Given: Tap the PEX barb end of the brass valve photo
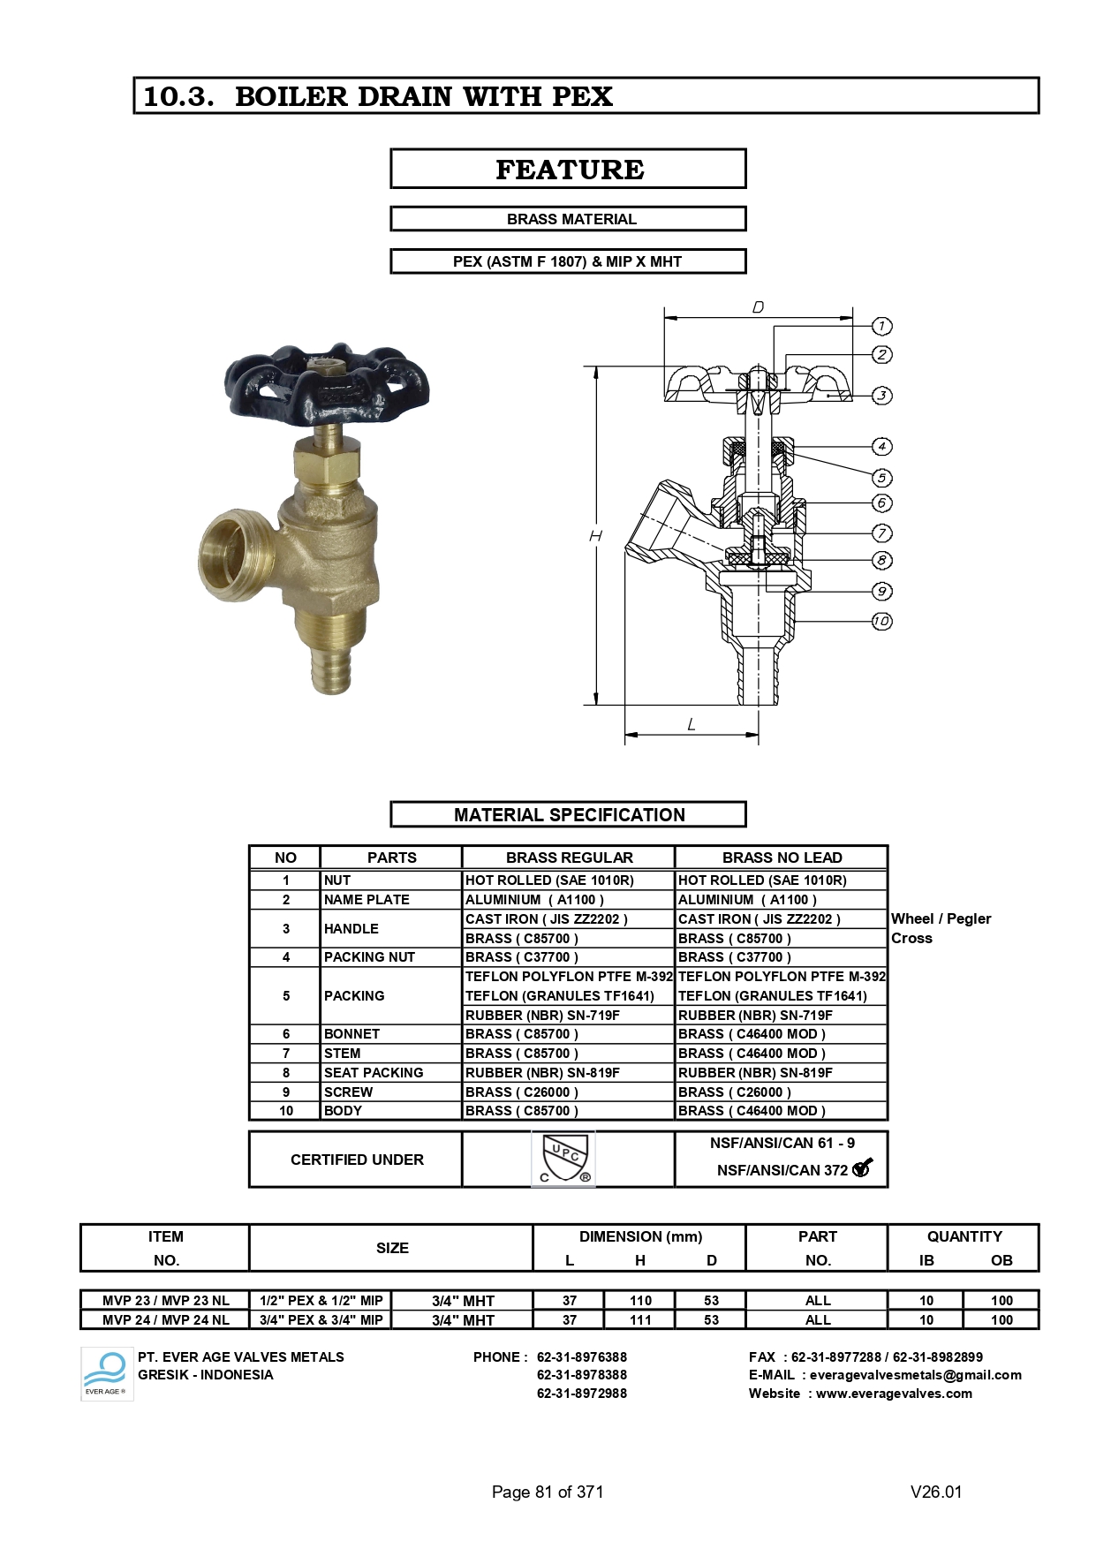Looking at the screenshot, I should (x=331, y=671).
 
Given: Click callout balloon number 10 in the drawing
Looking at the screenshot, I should (x=881, y=621).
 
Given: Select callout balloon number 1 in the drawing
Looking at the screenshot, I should (x=881, y=326).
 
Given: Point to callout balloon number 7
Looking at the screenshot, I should (x=881, y=533).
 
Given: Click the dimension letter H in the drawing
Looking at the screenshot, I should (x=596, y=536).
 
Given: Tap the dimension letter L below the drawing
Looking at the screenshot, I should (x=692, y=725).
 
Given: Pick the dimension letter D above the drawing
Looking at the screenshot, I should (x=758, y=307).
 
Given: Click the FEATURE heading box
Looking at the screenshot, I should (x=568, y=169).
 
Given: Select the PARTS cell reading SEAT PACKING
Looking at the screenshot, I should (x=374, y=1072).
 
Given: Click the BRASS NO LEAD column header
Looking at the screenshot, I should (x=782, y=858).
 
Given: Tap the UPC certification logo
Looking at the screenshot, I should (x=563, y=1159).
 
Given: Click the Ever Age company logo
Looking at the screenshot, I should (x=106, y=1373).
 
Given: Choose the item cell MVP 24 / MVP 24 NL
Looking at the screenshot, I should (x=165, y=1319).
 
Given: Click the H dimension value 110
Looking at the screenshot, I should (x=640, y=1300).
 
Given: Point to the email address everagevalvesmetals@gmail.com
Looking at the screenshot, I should (x=915, y=1375).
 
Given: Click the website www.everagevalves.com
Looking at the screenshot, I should (x=894, y=1394).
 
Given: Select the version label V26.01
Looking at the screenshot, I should (x=936, y=1492).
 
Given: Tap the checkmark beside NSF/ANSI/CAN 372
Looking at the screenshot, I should (x=863, y=1167).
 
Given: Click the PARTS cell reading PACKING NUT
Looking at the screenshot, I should (x=369, y=956).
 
